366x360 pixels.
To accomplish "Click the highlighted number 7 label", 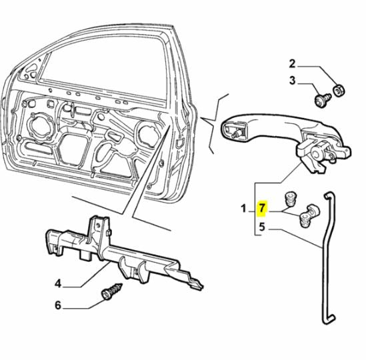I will click(x=262, y=209).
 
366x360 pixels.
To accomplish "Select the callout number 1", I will click(x=245, y=209).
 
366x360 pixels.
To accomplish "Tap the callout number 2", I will click(x=292, y=64).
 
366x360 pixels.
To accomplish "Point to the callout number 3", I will click(x=292, y=81).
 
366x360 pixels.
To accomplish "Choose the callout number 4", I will click(x=58, y=283).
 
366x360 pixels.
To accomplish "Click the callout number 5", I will click(x=262, y=227).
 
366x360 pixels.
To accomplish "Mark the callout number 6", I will click(x=58, y=306).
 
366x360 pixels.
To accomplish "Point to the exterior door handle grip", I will click(x=267, y=127).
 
